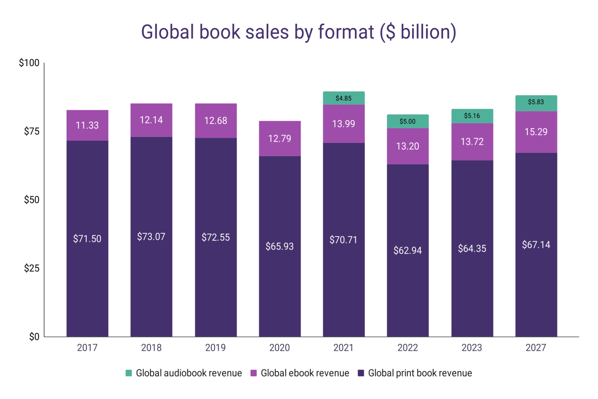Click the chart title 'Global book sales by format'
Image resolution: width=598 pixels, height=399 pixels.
click(298, 32)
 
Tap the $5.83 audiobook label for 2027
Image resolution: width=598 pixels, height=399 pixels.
click(536, 102)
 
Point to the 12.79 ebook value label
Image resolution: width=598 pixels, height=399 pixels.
click(280, 139)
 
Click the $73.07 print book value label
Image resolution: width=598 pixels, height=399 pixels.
click(151, 237)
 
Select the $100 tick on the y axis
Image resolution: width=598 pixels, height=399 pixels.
click(29, 63)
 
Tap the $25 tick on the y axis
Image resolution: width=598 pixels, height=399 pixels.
click(32, 268)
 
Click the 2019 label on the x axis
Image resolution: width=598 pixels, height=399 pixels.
click(215, 348)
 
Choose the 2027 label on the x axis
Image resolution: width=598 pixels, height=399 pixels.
click(536, 348)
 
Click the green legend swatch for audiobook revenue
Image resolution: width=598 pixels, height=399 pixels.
click(129, 373)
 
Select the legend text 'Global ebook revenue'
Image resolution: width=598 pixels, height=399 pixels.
click(305, 373)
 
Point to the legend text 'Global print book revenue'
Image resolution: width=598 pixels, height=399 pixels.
click(420, 373)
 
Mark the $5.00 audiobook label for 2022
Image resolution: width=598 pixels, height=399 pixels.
click(407, 122)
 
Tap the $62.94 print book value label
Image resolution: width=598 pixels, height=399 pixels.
click(407, 251)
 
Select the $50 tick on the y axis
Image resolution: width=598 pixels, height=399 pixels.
click(32, 200)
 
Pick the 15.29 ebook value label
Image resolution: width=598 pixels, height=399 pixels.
click(536, 132)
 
